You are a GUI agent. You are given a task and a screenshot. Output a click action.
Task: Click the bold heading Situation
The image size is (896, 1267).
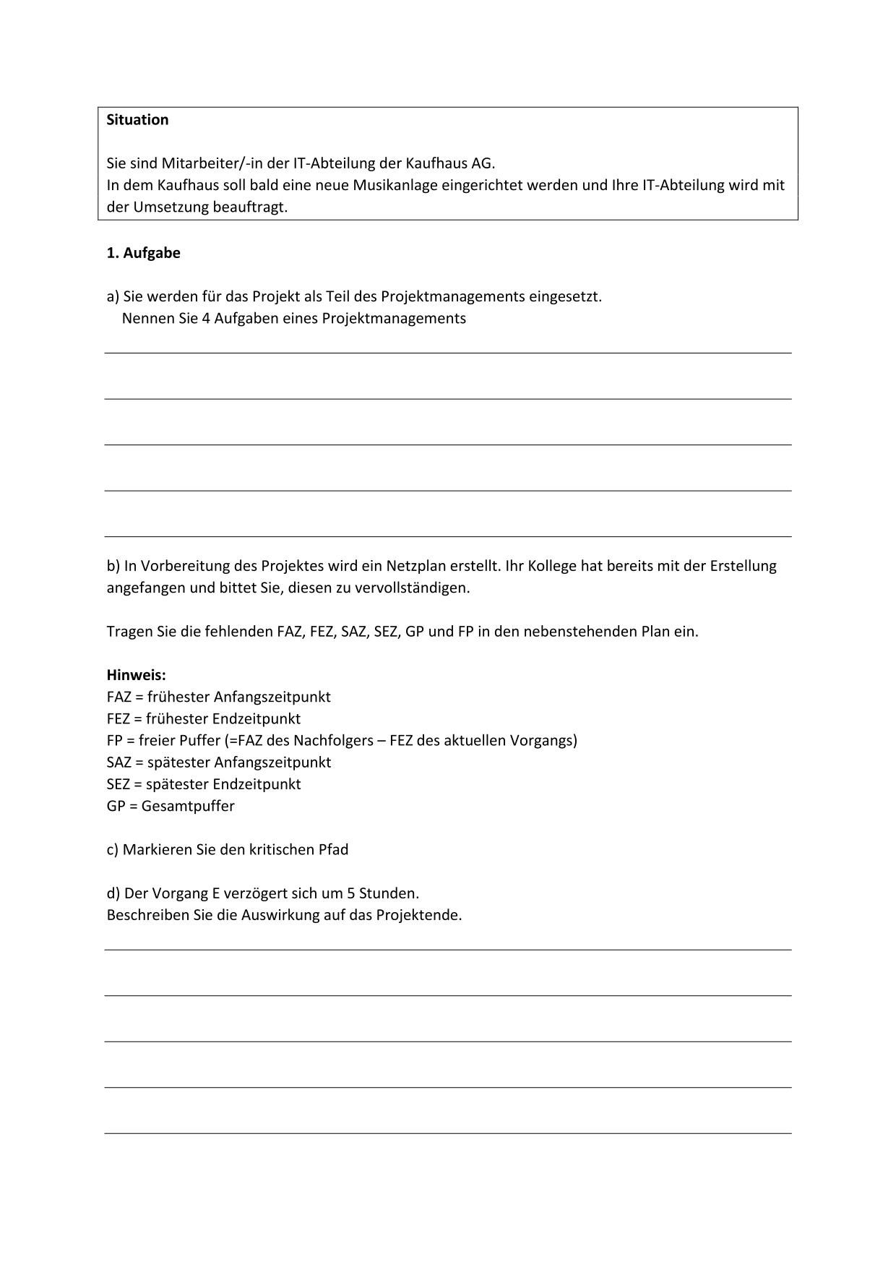click(x=137, y=120)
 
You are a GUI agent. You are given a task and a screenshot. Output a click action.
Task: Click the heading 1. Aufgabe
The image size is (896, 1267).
click(x=143, y=253)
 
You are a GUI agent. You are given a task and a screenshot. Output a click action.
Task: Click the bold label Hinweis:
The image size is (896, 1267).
click(x=136, y=675)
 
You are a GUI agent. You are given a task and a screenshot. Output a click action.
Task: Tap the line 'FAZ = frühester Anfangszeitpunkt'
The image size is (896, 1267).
click(x=218, y=697)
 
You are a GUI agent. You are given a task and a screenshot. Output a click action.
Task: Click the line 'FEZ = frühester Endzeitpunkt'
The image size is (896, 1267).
click(x=203, y=718)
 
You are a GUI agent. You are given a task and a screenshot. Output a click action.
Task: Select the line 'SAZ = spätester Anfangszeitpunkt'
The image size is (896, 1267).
click(x=218, y=763)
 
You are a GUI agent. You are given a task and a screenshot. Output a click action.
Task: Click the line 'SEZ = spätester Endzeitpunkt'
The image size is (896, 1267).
click(x=203, y=784)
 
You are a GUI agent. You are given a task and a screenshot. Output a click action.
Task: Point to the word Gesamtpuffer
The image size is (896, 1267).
click(x=188, y=806)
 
